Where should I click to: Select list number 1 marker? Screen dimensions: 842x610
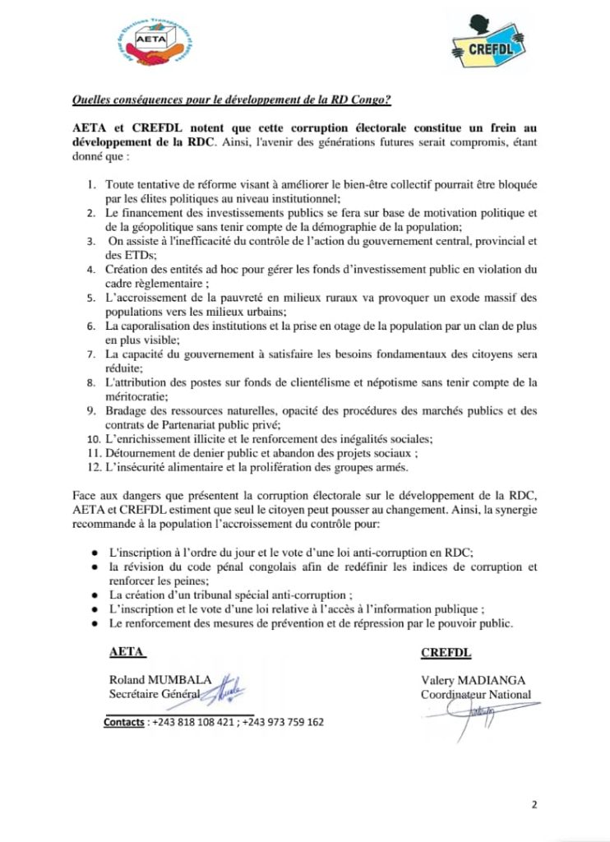92,180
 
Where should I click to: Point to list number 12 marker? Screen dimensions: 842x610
93,468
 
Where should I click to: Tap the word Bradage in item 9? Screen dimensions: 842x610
127,410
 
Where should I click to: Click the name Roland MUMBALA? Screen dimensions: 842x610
160,680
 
